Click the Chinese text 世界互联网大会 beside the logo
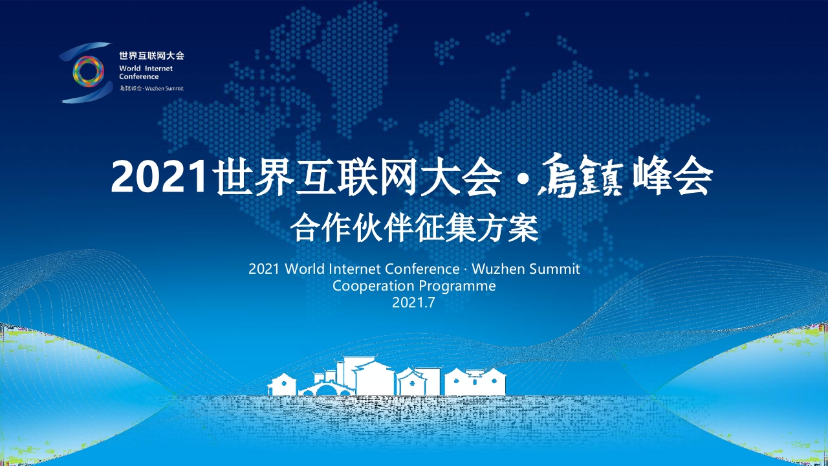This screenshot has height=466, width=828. [151, 56]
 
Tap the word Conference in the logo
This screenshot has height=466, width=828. [139, 76]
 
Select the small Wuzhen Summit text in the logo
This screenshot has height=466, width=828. [164, 89]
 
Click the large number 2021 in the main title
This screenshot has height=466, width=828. [158, 177]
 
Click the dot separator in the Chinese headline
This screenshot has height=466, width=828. [521, 179]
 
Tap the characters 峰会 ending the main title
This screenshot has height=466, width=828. [673, 175]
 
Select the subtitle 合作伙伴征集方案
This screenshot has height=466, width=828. [414, 228]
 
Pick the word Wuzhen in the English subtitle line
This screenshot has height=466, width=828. [498, 269]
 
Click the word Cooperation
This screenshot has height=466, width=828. [373, 286]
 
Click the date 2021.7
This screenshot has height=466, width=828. [413, 303]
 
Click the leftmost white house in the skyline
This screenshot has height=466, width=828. [282, 384]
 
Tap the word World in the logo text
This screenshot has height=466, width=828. [130, 69]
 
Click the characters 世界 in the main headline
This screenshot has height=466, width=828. [255, 177]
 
